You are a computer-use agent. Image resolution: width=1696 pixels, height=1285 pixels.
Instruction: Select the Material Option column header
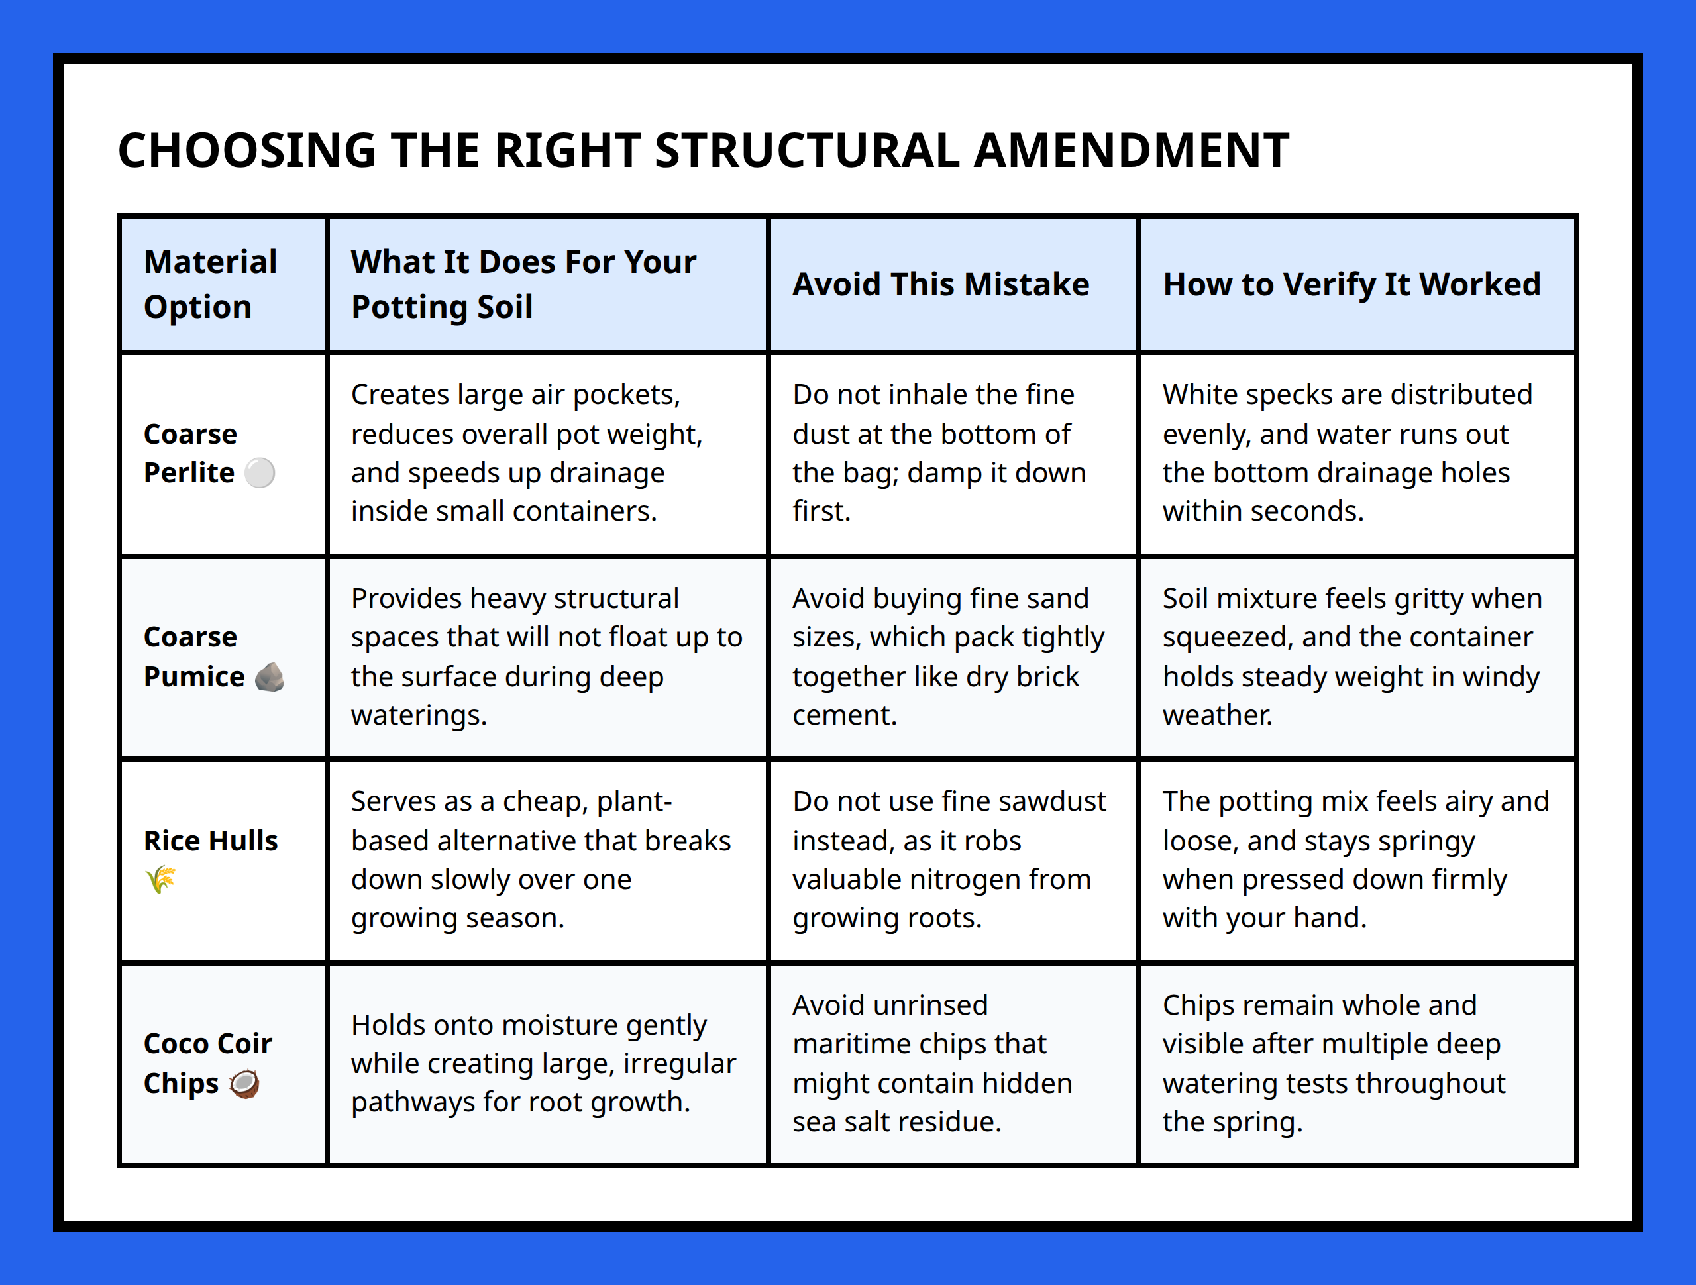(x=210, y=283)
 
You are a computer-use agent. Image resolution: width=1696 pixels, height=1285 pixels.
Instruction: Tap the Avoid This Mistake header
(x=941, y=283)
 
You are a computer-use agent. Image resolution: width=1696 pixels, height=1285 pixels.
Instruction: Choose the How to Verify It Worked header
(x=1351, y=283)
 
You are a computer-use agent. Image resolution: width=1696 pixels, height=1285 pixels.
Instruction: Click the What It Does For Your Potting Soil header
(x=523, y=283)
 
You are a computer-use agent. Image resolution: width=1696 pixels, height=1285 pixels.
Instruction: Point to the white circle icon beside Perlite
(x=260, y=473)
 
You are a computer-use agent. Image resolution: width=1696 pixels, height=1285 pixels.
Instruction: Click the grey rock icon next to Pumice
(x=269, y=677)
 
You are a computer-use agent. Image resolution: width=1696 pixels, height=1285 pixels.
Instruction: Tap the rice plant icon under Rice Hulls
(x=160, y=880)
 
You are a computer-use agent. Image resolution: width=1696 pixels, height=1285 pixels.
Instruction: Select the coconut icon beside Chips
(x=244, y=1084)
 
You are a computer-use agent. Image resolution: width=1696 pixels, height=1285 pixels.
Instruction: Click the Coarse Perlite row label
(x=190, y=453)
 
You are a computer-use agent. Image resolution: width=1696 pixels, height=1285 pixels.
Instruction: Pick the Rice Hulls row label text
(x=211, y=841)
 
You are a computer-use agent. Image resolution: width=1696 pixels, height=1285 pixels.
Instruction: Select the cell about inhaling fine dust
(x=939, y=452)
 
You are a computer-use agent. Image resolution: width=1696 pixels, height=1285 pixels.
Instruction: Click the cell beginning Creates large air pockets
(x=527, y=452)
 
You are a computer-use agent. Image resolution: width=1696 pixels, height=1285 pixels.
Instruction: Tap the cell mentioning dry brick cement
(x=949, y=656)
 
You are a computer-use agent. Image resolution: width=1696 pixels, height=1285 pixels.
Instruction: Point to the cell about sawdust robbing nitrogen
(x=949, y=860)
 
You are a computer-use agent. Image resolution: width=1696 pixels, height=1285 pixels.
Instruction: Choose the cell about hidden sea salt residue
(x=932, y=1063)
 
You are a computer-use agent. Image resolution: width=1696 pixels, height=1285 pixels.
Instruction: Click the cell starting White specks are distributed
(x=1347, y=452)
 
